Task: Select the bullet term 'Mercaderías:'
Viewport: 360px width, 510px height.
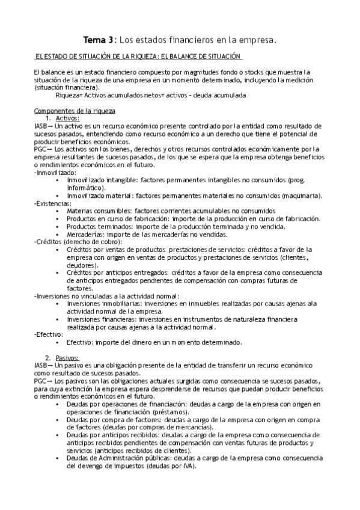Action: (89, 234)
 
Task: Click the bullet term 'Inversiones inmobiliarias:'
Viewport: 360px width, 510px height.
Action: (104, 304)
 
